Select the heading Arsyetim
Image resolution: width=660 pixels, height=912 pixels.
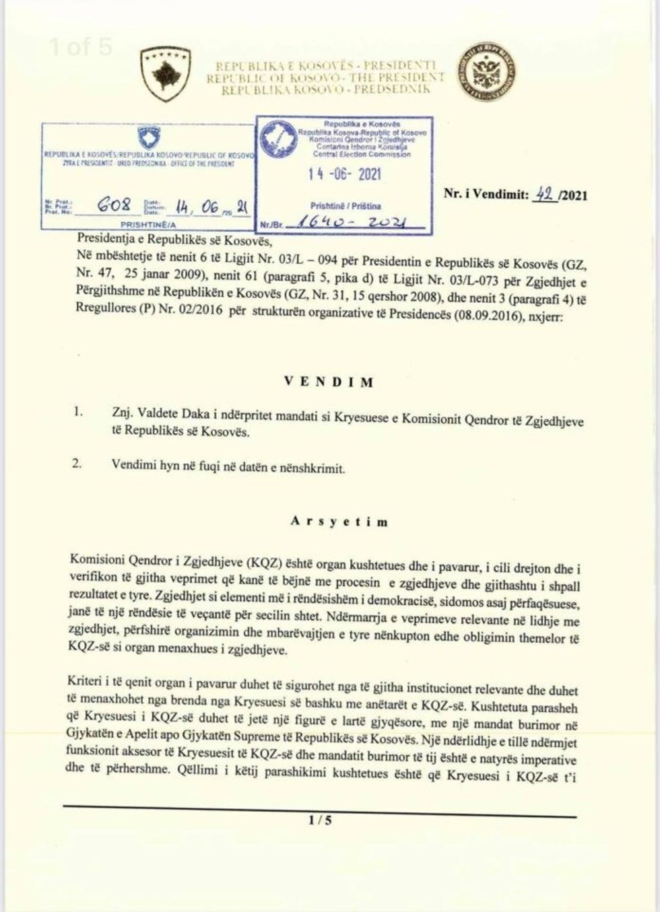[x=339, y=521]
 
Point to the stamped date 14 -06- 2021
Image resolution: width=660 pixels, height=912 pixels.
[x=344, y=174]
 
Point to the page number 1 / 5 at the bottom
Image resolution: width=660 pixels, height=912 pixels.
[x=320, y=820]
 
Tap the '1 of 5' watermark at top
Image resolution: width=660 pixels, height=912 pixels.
[x=80, y=47]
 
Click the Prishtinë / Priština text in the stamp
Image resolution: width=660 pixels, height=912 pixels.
[x=345, y=205]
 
